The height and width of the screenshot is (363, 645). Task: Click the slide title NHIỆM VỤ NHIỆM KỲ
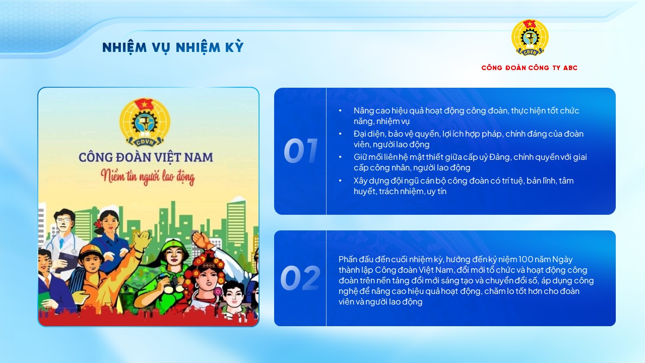coord(173,47)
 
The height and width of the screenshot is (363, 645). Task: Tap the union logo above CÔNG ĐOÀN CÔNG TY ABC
coord(530,37)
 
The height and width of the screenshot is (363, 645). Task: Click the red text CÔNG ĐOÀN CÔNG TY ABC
coord(529,68)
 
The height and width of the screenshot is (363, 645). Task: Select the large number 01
coord(300,151)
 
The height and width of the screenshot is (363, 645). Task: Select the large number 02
coord(300,278)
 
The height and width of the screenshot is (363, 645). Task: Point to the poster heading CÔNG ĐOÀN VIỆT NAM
coord(146,157)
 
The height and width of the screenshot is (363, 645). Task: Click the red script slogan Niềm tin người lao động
coord(147,177)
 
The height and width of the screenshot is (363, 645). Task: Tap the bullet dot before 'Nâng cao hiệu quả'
coord(341,110)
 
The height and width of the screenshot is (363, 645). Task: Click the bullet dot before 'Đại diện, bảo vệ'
coord(341,134)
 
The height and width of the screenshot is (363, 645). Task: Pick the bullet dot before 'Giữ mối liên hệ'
coord(341,157)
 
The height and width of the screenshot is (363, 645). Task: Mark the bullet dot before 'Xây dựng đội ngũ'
coord(341,180)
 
